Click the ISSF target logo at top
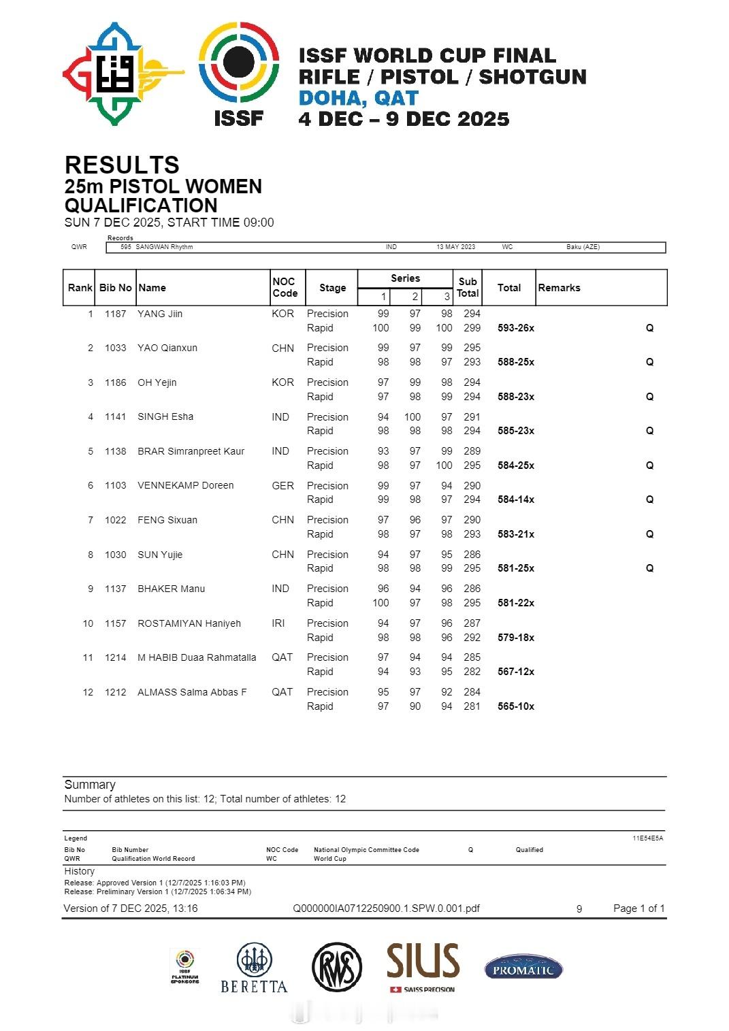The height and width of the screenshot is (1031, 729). pyautogui.click(x=238, y=63)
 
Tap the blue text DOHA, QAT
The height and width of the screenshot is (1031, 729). pyautogui.click(x=358, y=98)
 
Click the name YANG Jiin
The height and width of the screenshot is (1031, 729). pyautogui.click(x=160, y=314)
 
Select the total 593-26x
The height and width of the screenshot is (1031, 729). pyautogui.click(x=516, y=328)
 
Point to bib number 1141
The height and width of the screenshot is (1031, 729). pyautogui.click(x=116, y=416)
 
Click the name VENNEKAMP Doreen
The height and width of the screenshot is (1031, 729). pyautogui.click(x=185, y=485)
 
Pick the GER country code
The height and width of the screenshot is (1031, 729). pyautogui.click(x=282, y=486)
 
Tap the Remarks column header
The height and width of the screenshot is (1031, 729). pyautogui.click(x=559, y=288)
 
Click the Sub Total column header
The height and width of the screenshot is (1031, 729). pyautogui.click(x=468, y=287)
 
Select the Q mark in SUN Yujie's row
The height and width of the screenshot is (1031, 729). pyautogui.click(x=649, y=568)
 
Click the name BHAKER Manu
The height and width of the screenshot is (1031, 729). pyautogui.click(x=171, y=589)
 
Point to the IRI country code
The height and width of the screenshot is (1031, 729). pyautogui.click(x=278, y=623)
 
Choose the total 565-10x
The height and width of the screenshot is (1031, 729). pyautogui.click(x=516, y=706)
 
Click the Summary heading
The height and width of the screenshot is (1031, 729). pyautogui.click(x=90, y=785)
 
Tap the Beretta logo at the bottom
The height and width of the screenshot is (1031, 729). pyautogui.click(x=254, y=968)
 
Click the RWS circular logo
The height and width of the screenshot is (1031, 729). pyautogui.click(x=337, y=968)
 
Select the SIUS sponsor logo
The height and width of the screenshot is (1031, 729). pyautogui.click(x=423, y=966)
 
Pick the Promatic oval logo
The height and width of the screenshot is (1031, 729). pyautogui.click(x=523, y=967)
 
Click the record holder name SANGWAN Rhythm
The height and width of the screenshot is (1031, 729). pyautogui.click(x=163, y=247)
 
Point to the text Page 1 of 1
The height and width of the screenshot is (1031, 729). pyautogui.click(x=638, y=909)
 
